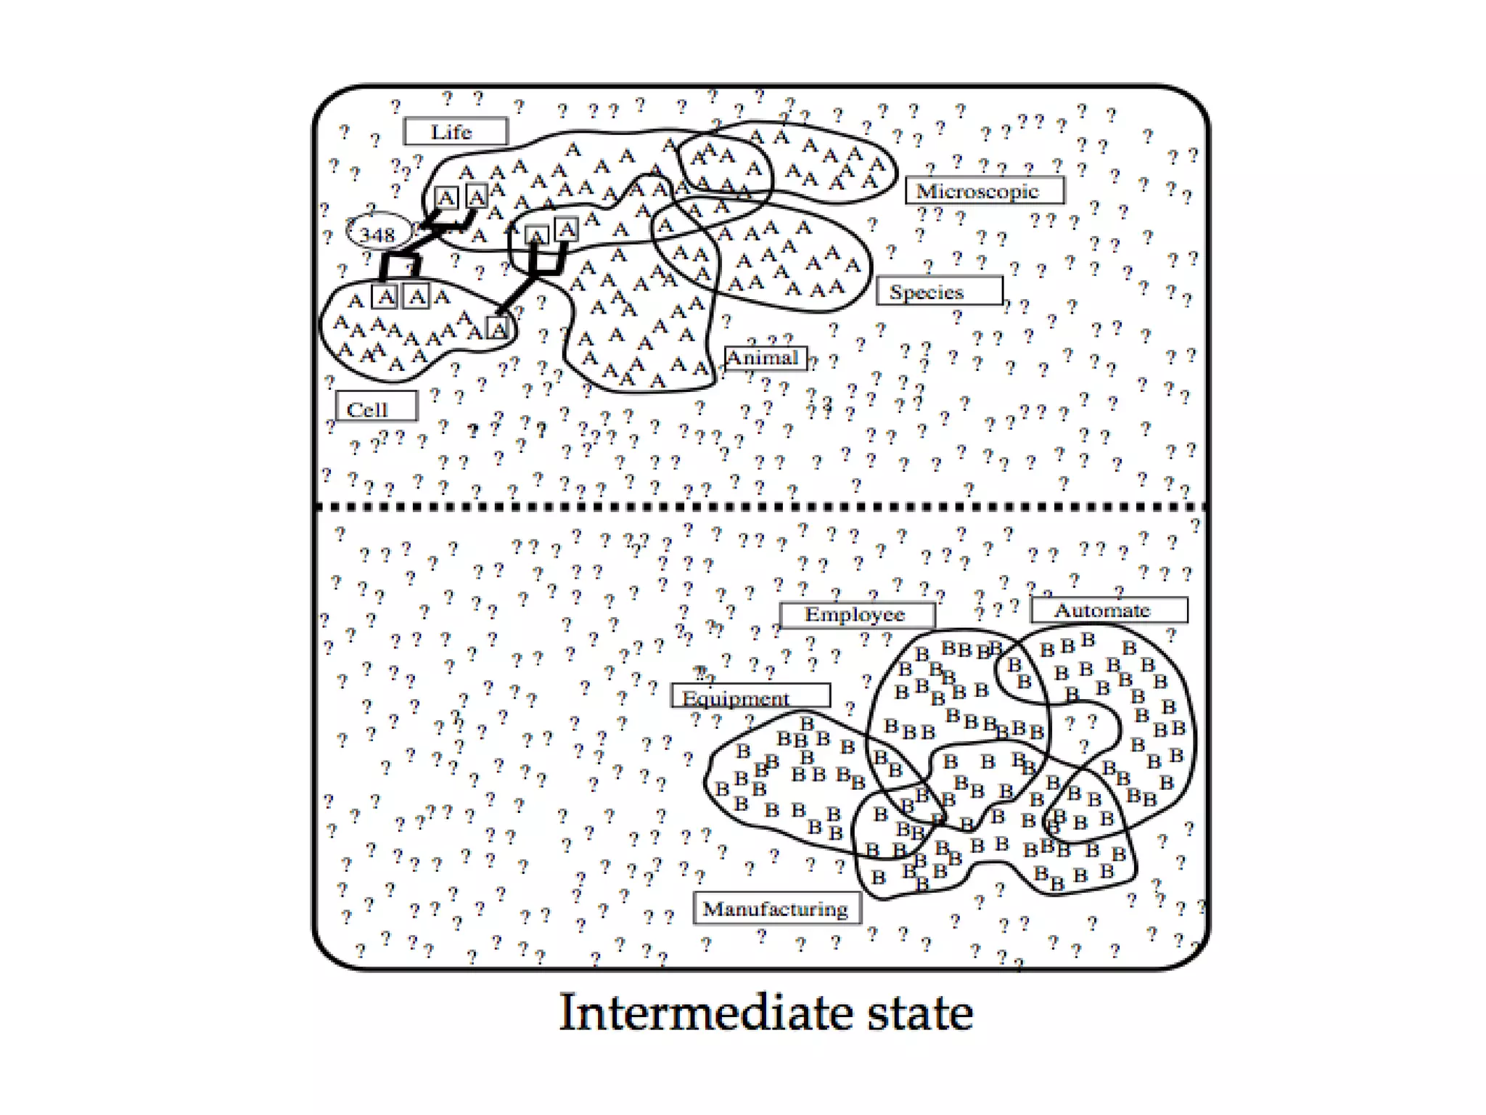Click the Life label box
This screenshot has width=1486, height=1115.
[455, 131]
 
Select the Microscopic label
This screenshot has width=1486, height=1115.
[985, 191]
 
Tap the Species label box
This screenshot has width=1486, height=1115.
[939, 291]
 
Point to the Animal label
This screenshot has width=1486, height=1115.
[765, 358]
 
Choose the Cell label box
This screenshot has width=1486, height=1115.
[376, 407]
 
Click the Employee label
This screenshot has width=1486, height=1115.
[857, 615]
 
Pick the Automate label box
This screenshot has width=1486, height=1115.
[1109, 610]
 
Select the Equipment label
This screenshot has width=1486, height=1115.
[750, 696]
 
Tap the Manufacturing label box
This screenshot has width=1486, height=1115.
[777, 908]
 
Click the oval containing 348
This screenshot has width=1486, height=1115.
[378, 233]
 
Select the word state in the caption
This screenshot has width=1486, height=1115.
[920, 1014]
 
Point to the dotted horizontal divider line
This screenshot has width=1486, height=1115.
[762, 506]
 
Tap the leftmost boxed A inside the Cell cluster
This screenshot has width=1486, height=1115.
[385, 297]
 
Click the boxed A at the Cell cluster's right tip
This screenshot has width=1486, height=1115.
[498, 329]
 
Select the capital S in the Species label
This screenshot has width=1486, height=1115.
[897, 292]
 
